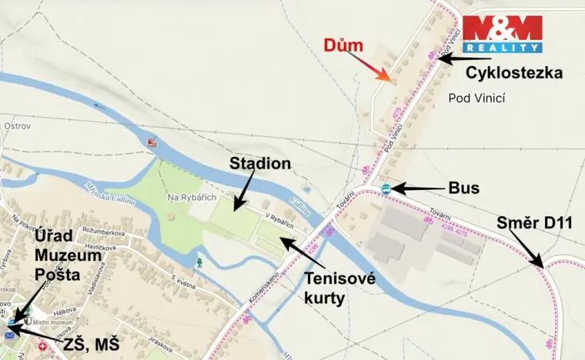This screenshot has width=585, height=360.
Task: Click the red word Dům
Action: pyautogui.click(x=343, y=45)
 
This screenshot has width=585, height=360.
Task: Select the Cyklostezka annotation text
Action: pyautogui.click(x=514, y=72)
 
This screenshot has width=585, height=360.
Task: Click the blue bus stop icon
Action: pyautogui.click(x=386, y=188)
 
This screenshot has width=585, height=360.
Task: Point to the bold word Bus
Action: pyautogui.click(x=464, y=188)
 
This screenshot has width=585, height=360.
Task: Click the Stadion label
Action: pyautogui.click(x=260, y=163)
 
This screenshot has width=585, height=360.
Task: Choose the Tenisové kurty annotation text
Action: pyautogui.click(x=339, y=288)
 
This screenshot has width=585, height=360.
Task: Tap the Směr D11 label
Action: pyautogui.click(x=535, y=224)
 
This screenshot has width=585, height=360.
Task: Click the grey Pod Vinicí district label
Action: pyautogui.click(x=475, y=98)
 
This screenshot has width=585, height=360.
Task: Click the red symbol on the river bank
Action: pyautogui.click(x=151, y=143)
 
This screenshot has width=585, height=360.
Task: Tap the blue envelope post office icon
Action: pyautogui.click(x=11, y=334)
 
